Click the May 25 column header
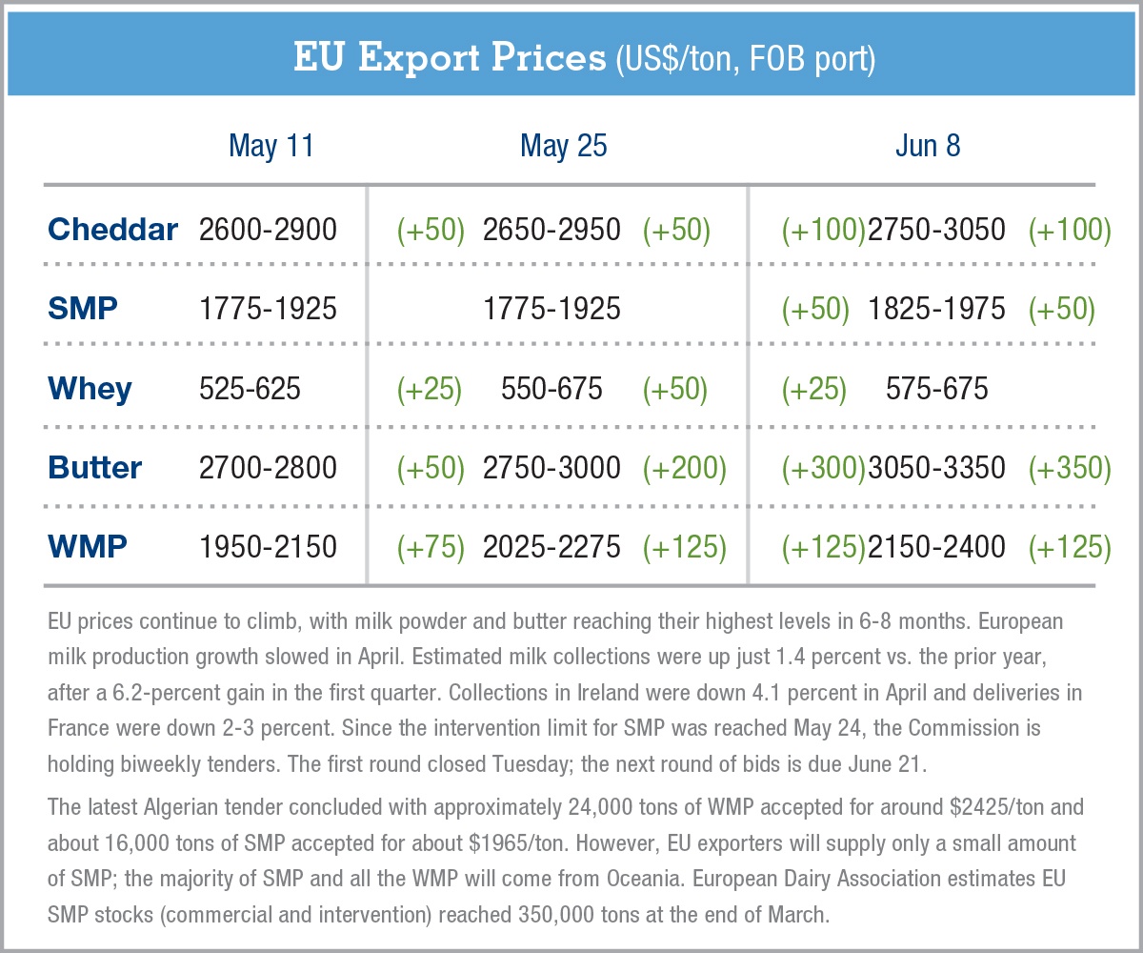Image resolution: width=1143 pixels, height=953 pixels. (x=563, y=146)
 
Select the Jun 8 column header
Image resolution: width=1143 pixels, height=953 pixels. (x=928, y=146)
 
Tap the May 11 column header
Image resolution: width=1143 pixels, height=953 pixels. (x=271, y=146)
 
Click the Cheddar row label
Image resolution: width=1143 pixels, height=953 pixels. (x=112, y=230)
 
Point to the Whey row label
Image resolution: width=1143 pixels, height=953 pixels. (x=90, y=389)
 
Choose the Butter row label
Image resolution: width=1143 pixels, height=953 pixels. (x=94, y=468)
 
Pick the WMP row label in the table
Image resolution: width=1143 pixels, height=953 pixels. (x=88, y=547)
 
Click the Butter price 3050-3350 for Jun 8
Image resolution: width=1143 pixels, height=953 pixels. (x=936, y=468)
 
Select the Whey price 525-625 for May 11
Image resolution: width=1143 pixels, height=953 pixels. (x=250, y=389)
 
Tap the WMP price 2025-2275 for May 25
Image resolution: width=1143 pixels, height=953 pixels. (x=551, y=547)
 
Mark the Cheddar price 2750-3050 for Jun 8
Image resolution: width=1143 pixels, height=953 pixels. (x=936, y=230)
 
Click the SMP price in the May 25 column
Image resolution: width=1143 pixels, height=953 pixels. (x=551, y=309)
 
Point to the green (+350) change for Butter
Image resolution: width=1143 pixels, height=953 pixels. (x=1070, y=468)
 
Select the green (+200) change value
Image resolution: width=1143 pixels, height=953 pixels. (x=684, y=468)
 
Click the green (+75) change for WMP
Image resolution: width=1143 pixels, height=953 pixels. (x=430, y=547)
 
